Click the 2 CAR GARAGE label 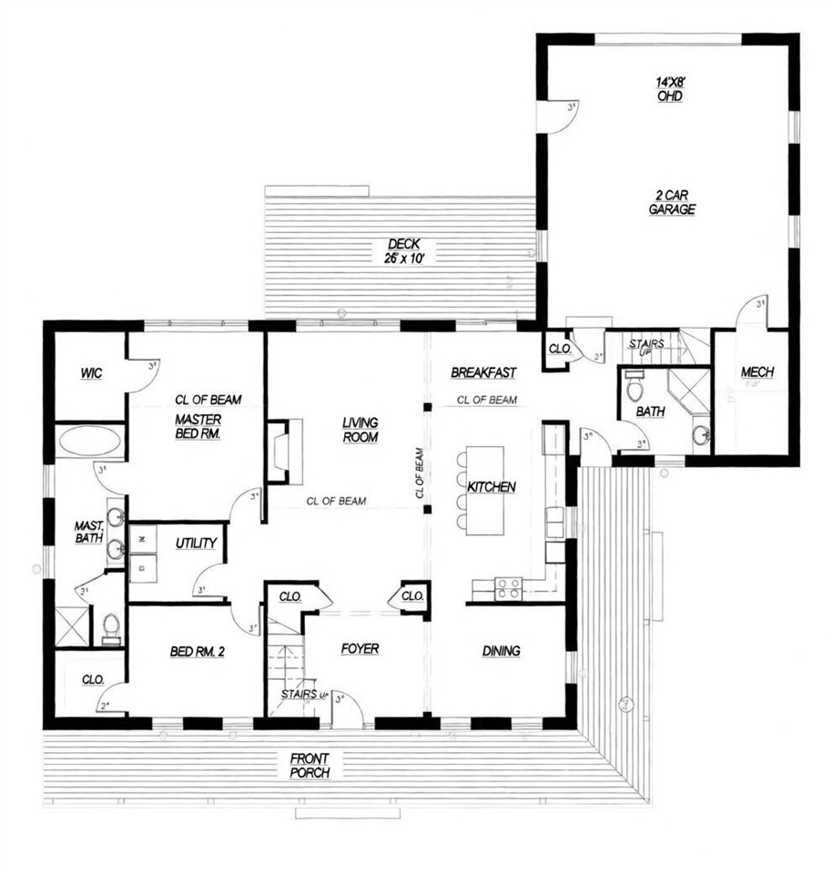(x=673, y=202)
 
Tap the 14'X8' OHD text (x=670, y=88)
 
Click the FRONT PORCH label (x=310, y=765)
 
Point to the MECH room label (x=757, y=372)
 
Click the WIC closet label (x=90, y=372)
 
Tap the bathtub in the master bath (x=89, y=443)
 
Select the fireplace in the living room (x=279, y=452)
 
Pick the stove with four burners (x=508, y=588)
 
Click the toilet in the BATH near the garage (x=635, y=389)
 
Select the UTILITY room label (x=196, y=544)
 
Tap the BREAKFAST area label (x=483, y=372)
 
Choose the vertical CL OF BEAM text (x=420, y=473)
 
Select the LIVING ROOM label (x=360, y=430)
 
